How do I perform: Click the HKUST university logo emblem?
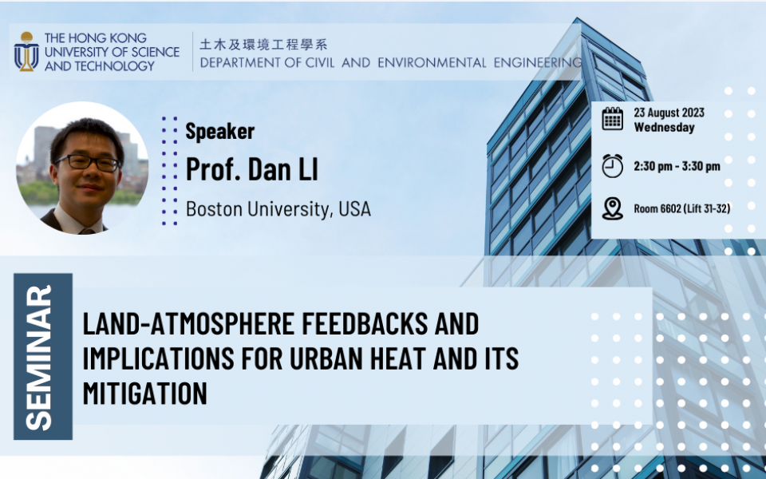[x=26, y=51]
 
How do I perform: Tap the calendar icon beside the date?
[x=612, y=119]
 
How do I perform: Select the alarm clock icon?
[x=612, y=166]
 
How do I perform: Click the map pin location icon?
[x=612, y=208]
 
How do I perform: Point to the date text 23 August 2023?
[x=669, y=113]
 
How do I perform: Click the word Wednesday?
[x=664, y=128]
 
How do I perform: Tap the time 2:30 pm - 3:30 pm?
[x=677, y=166]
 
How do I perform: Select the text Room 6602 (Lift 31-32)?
[x=682, y=208]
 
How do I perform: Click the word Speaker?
[x=220, y=131]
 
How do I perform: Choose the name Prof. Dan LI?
[x=252, y=169]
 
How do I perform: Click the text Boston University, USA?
[x=278, y=209]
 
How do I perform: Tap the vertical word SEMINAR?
[x=38, y=358]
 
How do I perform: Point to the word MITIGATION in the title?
[x=145, y=393]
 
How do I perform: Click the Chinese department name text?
[x=264, y=45]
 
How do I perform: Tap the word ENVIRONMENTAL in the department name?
[x=432, y=62]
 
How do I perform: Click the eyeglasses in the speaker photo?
[x=89, y=162]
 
